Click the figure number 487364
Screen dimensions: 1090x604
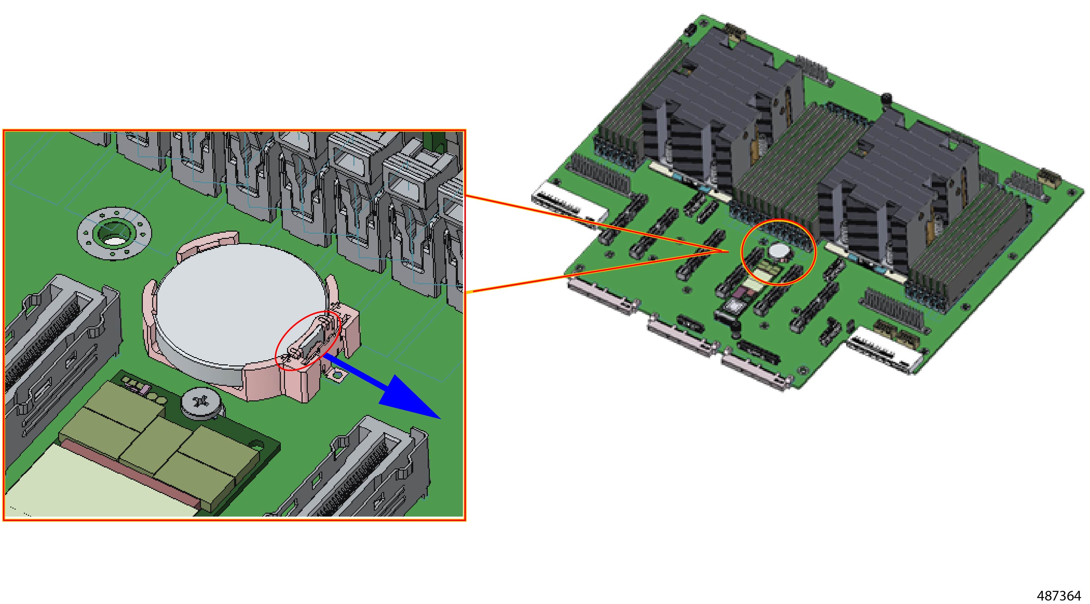pos(1060,596)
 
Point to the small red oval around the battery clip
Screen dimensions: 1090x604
pos(308,340)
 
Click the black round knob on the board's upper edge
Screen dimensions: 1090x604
pos(886,98)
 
